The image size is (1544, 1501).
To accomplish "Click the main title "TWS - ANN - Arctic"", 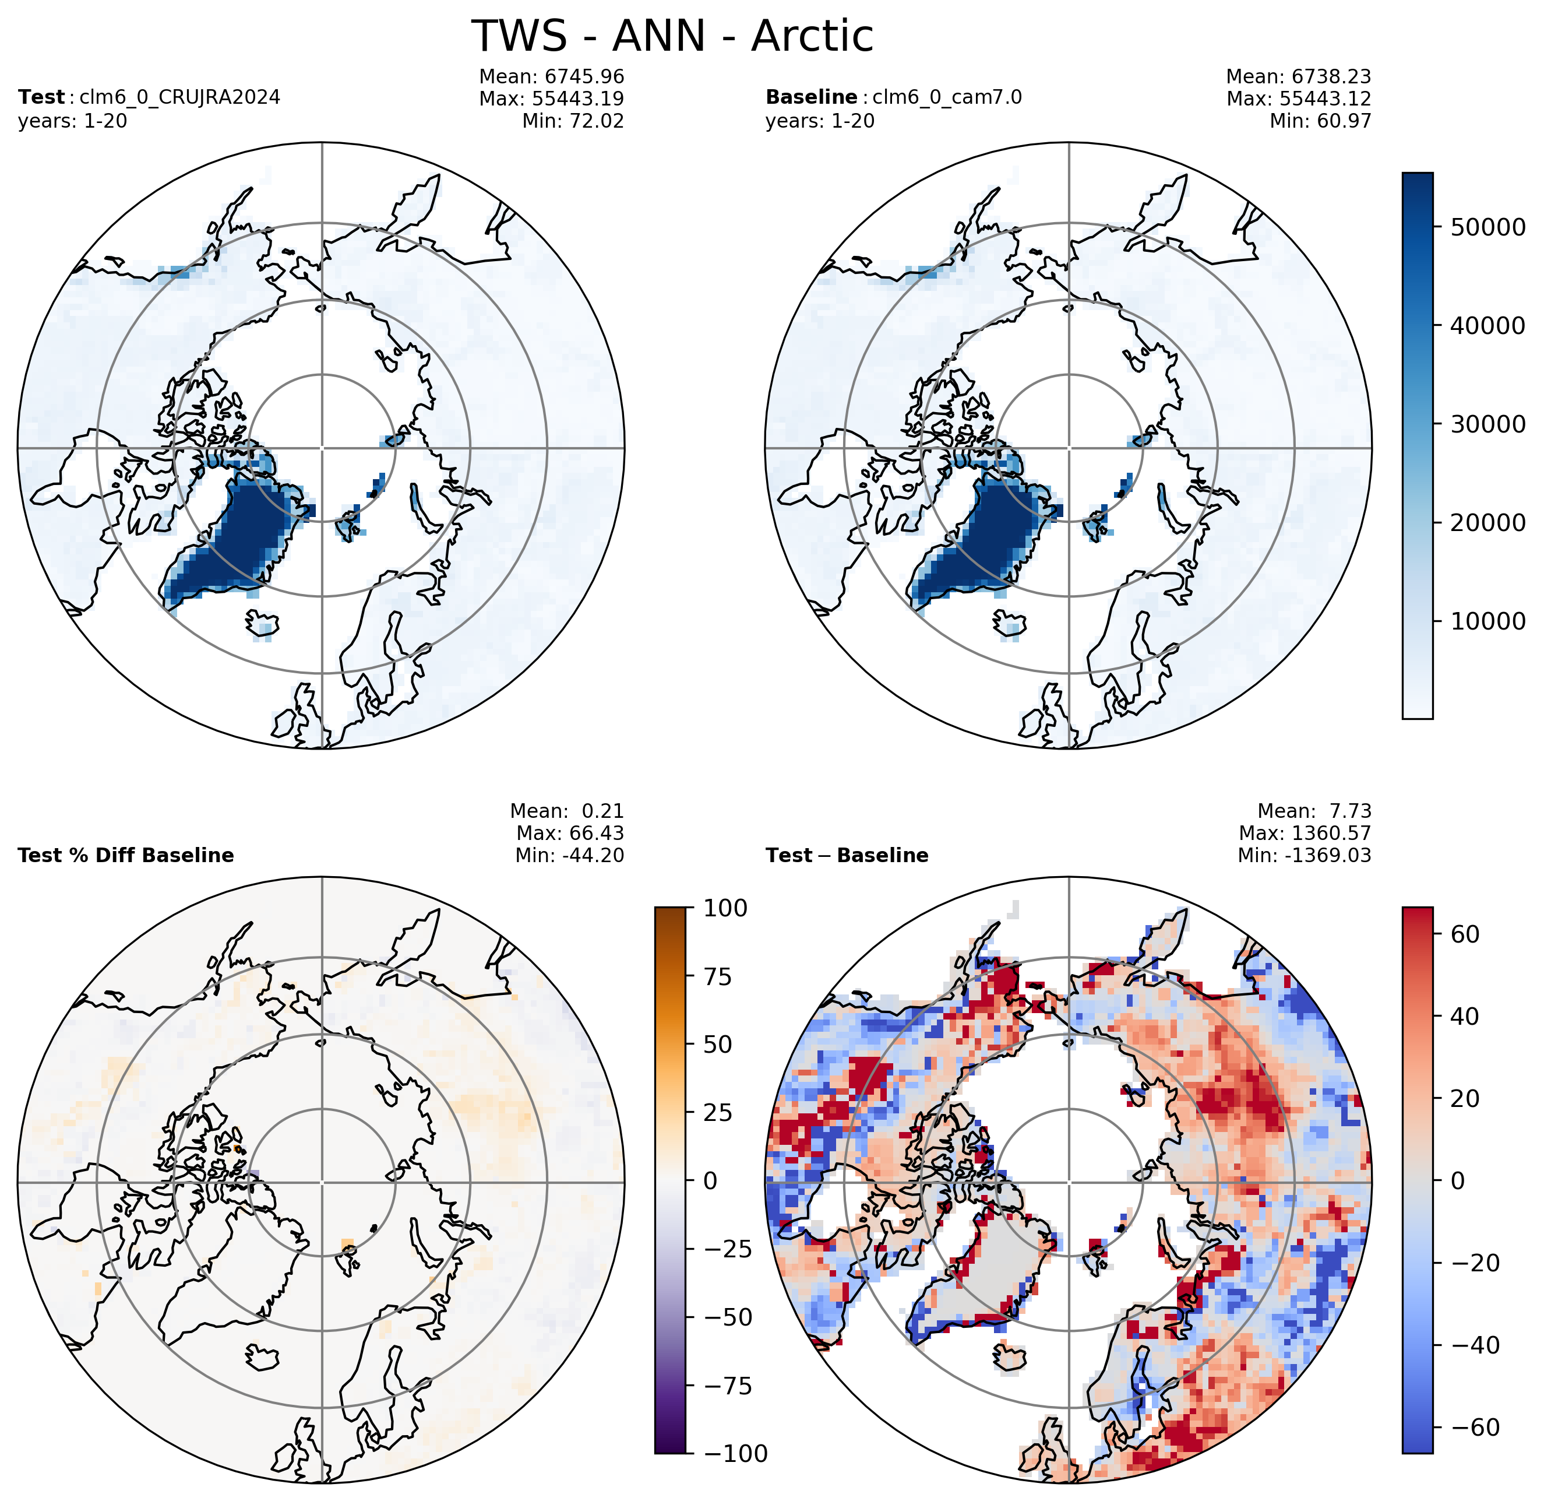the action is (x=672, y=36).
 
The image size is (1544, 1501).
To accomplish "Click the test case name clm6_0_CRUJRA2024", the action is (x=179, y=97).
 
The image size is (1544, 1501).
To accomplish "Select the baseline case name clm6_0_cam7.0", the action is (x=947, y=97).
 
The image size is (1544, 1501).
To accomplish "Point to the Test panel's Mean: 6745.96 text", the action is (x=551, y=76).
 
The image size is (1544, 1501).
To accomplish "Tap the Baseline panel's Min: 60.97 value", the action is (x=1320, y=121).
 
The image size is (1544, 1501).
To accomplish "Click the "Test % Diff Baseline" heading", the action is (x=126, y=855).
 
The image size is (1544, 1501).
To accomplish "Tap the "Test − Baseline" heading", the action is (x=847, y=855).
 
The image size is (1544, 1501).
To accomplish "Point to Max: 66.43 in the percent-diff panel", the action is (x=570, y=834).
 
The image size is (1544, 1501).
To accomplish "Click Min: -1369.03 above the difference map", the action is (x=1305, y=855).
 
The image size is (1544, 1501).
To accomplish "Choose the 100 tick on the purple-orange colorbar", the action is (x=725, y=908).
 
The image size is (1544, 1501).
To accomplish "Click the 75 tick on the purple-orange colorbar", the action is (x=717, y=977).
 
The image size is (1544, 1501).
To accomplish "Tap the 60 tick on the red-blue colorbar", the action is (x=1465, y=934).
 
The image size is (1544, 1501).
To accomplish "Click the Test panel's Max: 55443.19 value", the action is (x=551, y=99).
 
